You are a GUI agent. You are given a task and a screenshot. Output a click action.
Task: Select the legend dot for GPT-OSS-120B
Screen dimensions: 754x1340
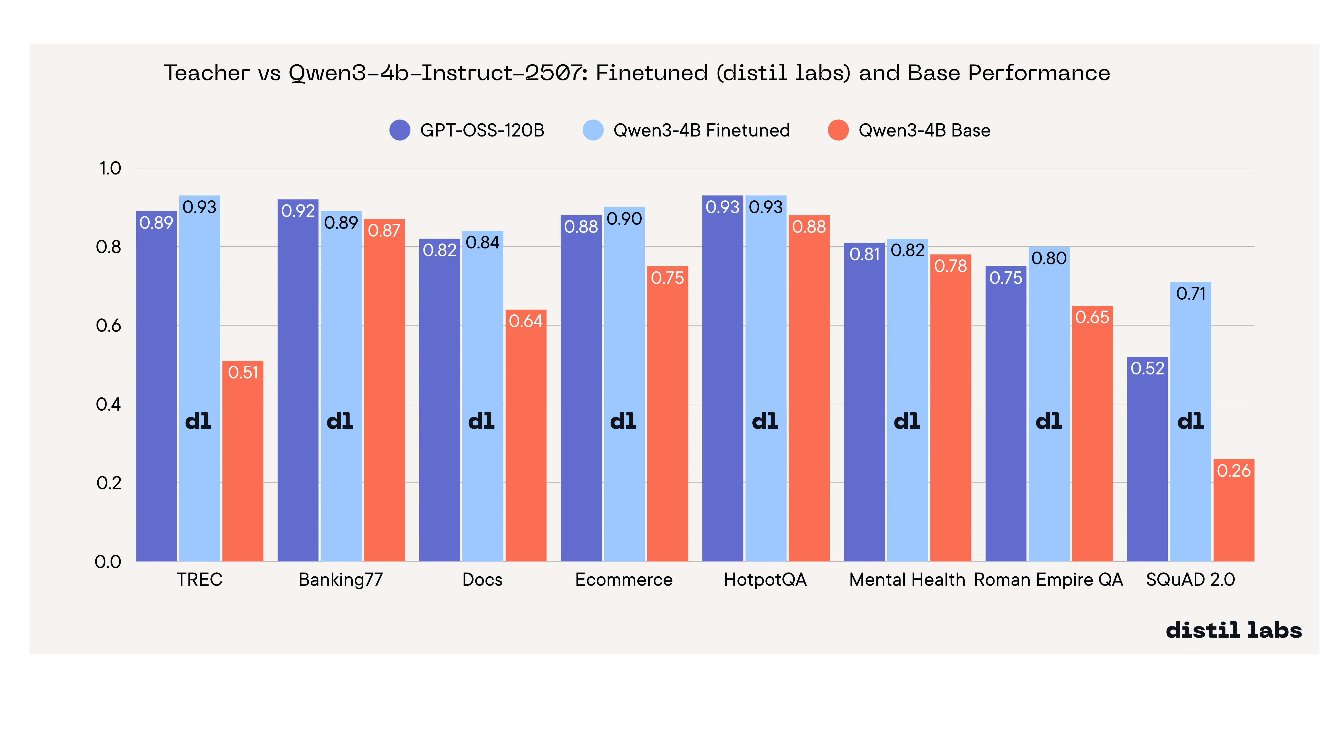point(400,130)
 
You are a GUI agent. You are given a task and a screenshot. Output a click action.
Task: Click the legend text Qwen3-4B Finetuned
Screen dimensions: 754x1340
point(701,130)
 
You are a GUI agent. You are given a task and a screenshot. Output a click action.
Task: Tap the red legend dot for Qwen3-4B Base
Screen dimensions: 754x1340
point(838,130)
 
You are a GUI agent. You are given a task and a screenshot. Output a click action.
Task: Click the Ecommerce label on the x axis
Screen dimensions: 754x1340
point(624,580)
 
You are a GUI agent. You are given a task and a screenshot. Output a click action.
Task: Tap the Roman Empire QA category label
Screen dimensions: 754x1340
point(1048,580)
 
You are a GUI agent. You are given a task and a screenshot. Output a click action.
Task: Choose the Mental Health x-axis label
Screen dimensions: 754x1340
point(907,580)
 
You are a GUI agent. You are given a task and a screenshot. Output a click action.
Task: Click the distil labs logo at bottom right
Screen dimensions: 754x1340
point(1233,630)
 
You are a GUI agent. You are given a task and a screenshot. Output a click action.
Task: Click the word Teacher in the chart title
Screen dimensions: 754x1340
point(207,73)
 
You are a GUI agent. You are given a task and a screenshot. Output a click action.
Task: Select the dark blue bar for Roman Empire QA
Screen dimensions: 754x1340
point(1005,416)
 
